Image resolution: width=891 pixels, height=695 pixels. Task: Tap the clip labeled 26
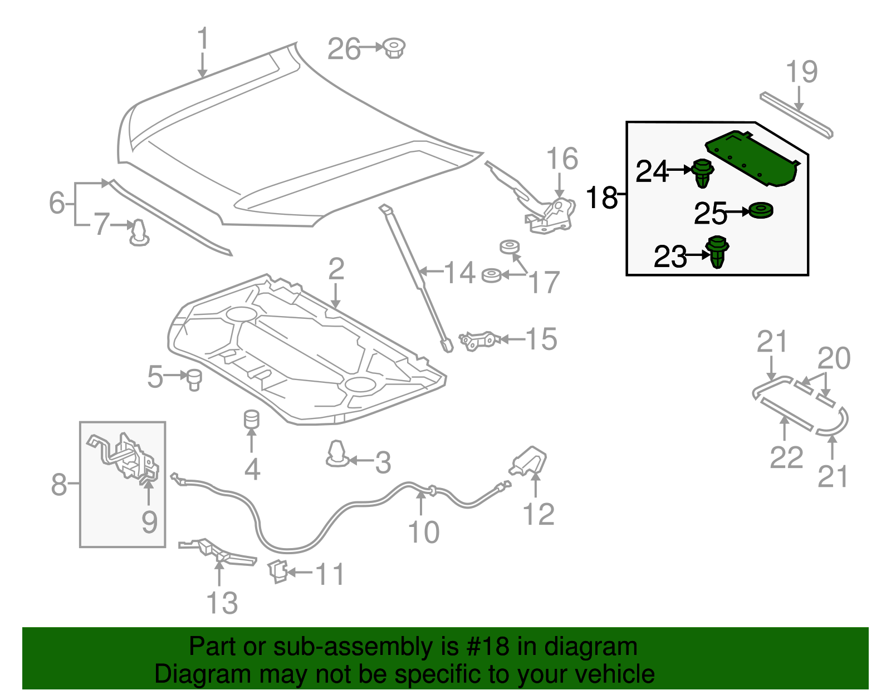click(394, 48)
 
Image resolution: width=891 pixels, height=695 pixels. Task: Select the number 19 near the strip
click(801, 72)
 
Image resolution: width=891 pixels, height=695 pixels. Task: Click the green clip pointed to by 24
click(703, 172)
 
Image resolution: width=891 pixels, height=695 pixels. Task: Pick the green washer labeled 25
click(760, 211)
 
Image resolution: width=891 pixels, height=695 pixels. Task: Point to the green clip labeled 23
click(718, 252)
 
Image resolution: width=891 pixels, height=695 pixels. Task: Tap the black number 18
click(602, 198)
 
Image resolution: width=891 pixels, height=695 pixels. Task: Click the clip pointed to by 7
click(138, 233)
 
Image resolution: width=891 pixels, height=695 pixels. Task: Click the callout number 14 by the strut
click(460, 273)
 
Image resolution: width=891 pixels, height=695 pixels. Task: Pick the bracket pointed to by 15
click(478, 340)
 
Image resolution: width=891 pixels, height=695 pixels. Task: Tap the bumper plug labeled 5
click(194, 379)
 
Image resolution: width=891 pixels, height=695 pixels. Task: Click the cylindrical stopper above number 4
click(252, 419)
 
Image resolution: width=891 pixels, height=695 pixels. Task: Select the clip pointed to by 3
click(337, 454)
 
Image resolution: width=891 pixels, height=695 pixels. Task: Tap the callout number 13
click(222, 603)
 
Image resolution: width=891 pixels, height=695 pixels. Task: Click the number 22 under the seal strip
click(786, 457)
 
